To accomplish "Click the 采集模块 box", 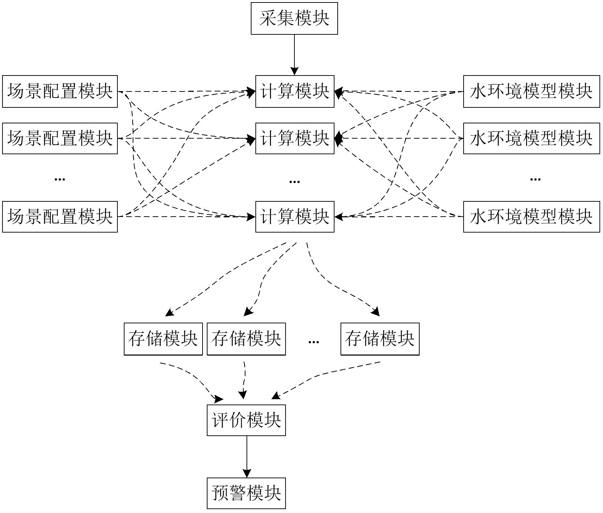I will tap(294, 18).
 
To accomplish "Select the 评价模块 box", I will tap(246, 420).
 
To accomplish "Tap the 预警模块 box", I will tap(246, 493).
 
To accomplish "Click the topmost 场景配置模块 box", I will tap(60, 91).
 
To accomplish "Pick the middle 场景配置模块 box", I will tap(60, 138).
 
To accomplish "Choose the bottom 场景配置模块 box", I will tap(60, 217).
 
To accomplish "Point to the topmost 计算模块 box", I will tap(295, 91).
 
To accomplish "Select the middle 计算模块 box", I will tap(295, 138).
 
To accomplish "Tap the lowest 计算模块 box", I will tap(295, 217).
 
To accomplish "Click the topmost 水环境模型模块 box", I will tap(531, 91).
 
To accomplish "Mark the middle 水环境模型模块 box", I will tap(531, 138).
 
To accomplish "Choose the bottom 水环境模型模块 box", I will tap(531, 217).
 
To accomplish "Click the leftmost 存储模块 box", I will tap(163, 339).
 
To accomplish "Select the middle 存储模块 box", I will tap(246, 339).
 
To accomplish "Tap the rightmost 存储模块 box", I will tap(380, 339).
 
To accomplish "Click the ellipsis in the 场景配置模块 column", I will tap(60, 179).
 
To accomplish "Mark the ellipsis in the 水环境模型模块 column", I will tap(535, 179).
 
